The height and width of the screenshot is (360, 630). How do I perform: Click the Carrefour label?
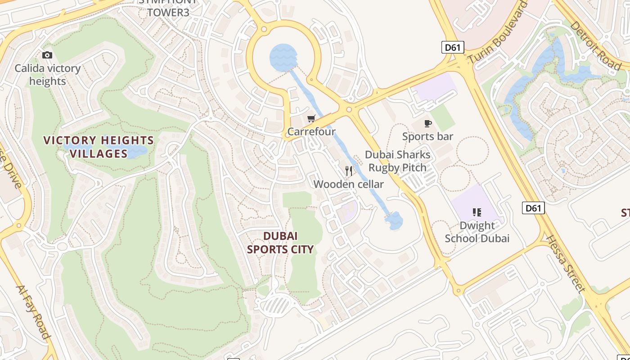tap(311, 131)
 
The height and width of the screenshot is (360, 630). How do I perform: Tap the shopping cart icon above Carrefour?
tap(311, 119)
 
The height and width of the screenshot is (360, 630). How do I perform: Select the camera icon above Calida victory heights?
tap(47, 55)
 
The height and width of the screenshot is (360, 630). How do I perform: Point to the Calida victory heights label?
tap(47, 75)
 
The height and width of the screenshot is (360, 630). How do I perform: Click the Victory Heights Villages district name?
tap(99, 147)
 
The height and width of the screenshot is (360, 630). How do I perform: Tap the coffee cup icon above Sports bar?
tap(427, 123)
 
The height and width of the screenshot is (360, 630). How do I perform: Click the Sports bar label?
tap(427, 136)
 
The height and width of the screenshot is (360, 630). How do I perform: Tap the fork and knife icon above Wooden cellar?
tap(349, 171)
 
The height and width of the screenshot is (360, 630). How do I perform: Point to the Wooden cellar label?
tap(348, 184)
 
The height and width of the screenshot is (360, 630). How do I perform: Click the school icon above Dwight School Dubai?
tap(477, 212)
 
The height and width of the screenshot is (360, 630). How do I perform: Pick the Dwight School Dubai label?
tap(477, 232)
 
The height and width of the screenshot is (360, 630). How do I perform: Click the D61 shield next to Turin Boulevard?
tap(452, 47)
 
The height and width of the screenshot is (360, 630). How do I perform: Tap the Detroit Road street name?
tap(595, 45)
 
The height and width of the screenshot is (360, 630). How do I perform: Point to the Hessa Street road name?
tap(566, 264)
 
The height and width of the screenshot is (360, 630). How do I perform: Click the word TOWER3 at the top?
tap(168, 13)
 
